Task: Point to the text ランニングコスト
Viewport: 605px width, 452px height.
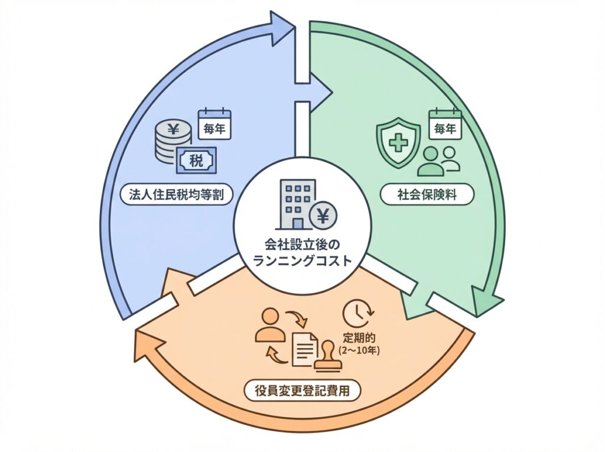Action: pyautogui.click(x=302, y=260)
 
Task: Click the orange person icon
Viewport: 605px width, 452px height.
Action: pyautogui.click(x=269, y=324)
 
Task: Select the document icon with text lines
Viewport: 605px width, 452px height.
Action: pyautogui.click(x=305, y=349)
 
